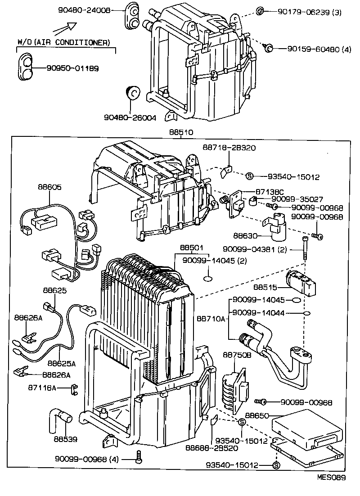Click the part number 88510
point(181,133)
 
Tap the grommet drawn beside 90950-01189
point(27,68)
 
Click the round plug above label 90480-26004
point(132,93)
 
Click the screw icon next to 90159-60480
point(269,48)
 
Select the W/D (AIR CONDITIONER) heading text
point(63,42)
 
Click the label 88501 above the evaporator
point(192,248)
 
